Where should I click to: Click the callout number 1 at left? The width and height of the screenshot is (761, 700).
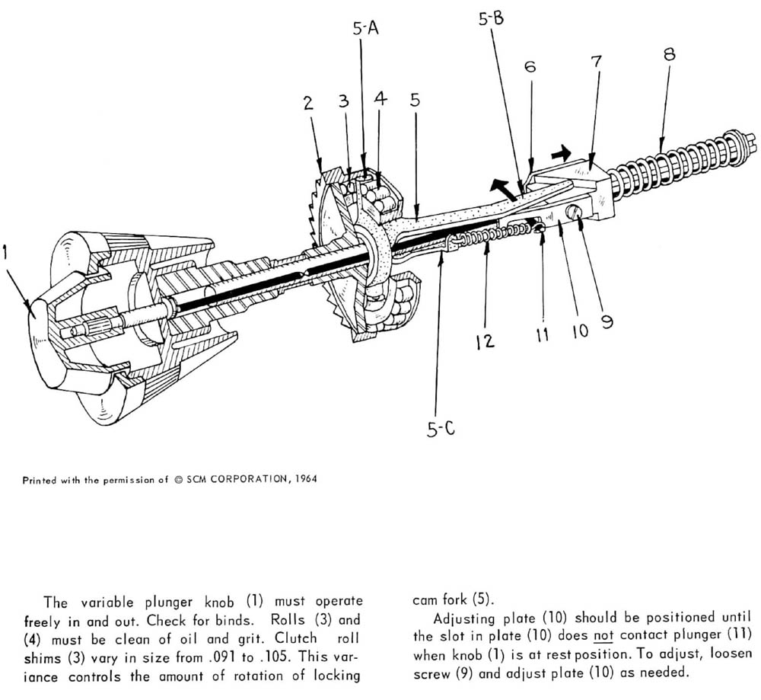[5, 253]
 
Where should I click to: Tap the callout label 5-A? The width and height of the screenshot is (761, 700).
[365, 29]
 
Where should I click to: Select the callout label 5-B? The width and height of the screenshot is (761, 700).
[491, 18]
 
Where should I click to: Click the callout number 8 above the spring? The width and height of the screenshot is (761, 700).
[669, 53]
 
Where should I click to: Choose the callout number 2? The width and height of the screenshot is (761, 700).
[308, 103]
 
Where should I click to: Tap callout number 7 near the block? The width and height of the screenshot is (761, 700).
[597, 62]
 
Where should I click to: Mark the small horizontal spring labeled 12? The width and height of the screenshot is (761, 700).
[490, 234]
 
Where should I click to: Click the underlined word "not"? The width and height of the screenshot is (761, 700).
[603, 636]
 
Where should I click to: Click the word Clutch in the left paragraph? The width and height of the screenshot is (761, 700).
[295, 638]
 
